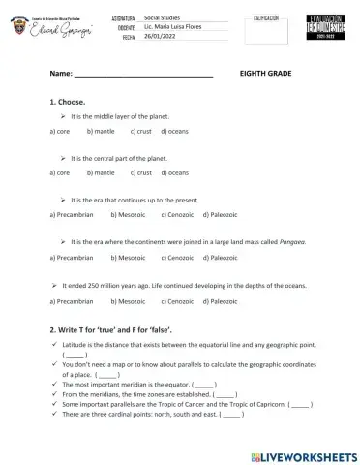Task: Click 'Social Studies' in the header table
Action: click(x=163, y=18)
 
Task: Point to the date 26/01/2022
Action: click(x=160, y=36)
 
